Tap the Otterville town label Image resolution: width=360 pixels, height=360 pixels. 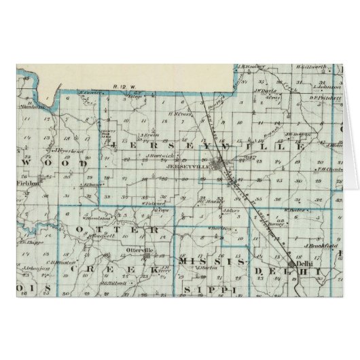coord(138,251)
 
